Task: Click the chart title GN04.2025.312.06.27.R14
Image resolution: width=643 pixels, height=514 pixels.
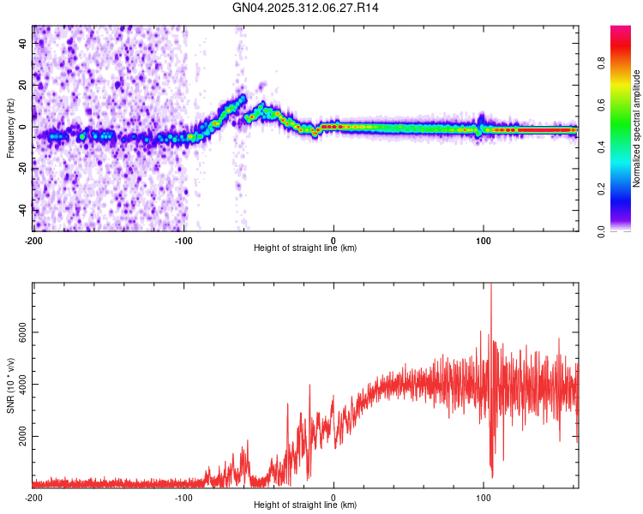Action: click(x=306, y=8)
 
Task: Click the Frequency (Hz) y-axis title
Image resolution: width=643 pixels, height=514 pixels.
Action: click(x=10, y=128)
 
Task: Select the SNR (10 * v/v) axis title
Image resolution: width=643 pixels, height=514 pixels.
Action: click(x=10, y=385)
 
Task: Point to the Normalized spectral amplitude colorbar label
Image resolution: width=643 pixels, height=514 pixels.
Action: click(x=637, y=128)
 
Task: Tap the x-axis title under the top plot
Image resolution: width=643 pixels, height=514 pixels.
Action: click(x=305, y=248)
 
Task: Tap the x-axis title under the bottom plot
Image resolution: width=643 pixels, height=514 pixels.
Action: click(x=305, y=505)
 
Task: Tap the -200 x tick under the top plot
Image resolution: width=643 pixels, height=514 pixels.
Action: click(x=33, y=239)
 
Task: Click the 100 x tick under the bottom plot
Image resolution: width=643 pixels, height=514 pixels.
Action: click(x=484, y=496)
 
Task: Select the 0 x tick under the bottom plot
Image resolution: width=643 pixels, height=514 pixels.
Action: click(x=334, y=496)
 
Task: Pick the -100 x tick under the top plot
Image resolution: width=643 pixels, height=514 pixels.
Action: click(x=183, y=239)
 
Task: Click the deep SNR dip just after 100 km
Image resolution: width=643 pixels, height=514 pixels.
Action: click(x=492, y=475)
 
